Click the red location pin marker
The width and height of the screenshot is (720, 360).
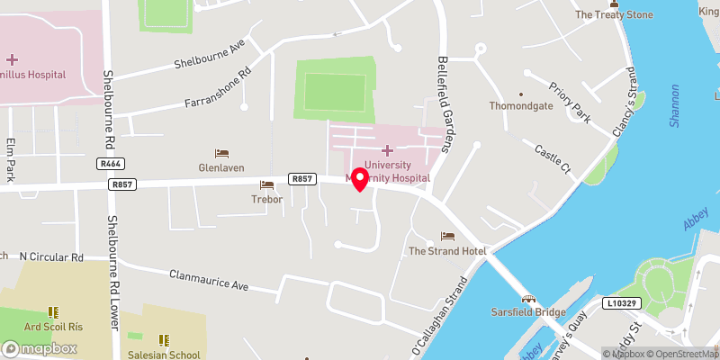359,178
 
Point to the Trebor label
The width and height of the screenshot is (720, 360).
267,199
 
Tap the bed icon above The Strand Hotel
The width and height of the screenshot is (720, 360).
447,236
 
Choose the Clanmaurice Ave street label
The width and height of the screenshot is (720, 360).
209,281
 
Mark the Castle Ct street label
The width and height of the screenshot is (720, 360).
553,157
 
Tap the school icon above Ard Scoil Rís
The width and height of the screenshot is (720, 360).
53,312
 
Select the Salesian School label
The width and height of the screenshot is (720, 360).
165,355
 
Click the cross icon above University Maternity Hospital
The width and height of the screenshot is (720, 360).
388,150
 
